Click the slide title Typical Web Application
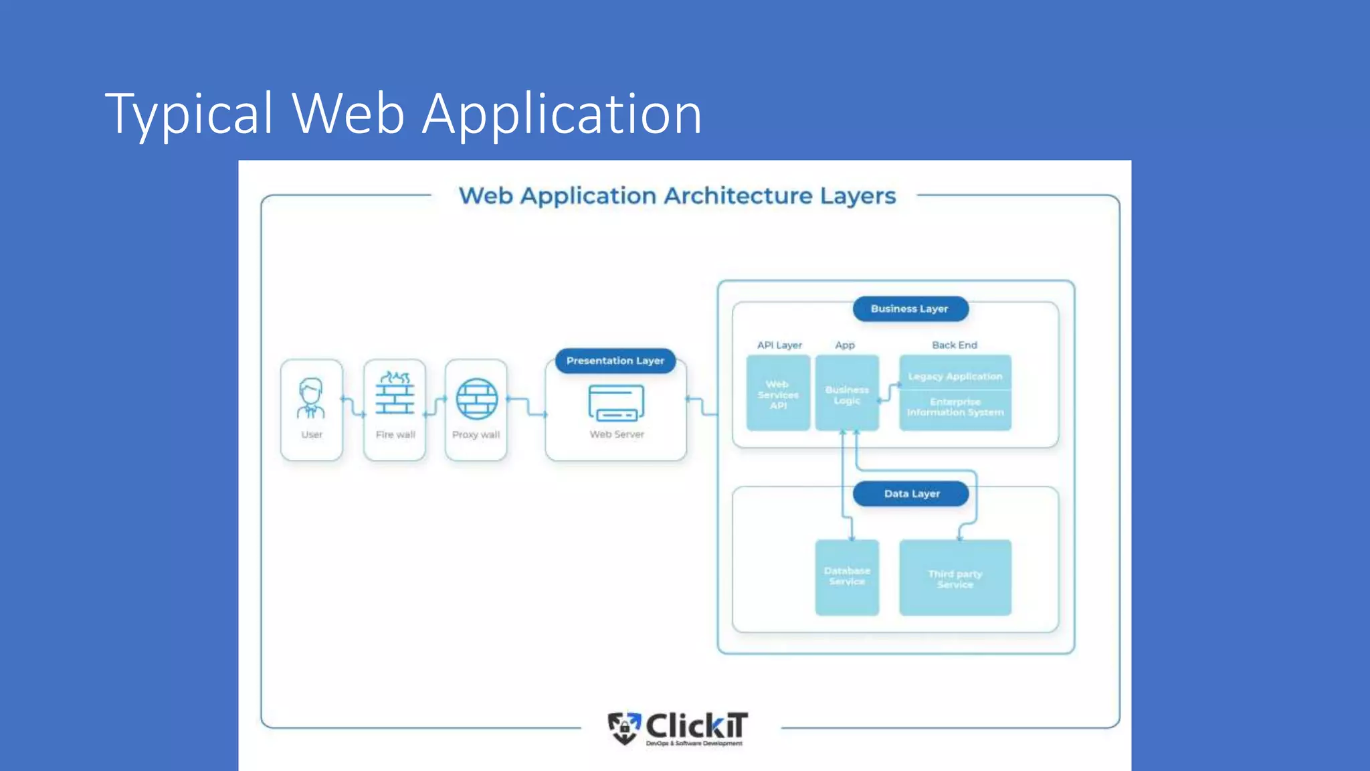403,114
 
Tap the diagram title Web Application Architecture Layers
677,196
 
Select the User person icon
311,398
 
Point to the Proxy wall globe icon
476,399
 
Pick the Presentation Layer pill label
615,361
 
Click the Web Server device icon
616,402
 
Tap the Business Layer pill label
910,309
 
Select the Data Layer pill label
911,494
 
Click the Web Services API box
778,394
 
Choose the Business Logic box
847,394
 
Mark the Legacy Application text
955,376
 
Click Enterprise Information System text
955,407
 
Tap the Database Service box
847,577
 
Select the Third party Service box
955,578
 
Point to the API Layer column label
779,345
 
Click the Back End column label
955,345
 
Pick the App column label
845,345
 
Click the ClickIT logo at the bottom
678,728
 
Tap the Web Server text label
617,434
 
